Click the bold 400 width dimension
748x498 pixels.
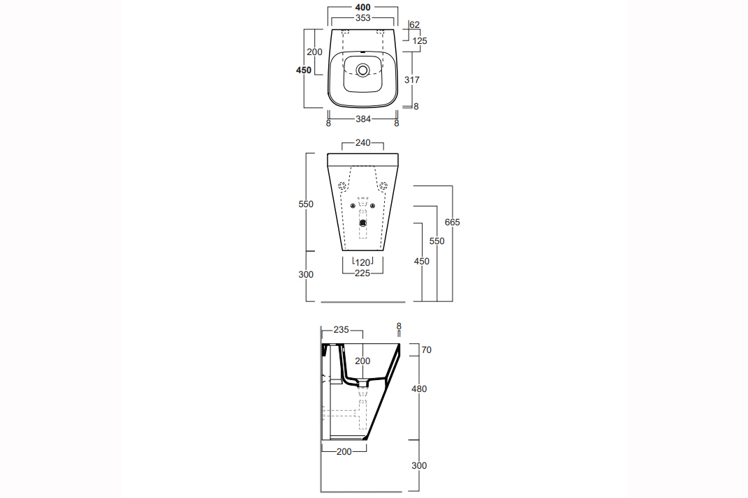(362, 7)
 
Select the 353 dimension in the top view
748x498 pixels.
(362, 18)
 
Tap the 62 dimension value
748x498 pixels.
(415, 25)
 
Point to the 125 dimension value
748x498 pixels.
(420, 41)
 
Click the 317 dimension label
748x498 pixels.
(412, 80)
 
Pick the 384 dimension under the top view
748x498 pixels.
(362, 119)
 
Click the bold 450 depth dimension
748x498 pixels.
(303, 70)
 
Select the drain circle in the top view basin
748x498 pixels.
(363, 70)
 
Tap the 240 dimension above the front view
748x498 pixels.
(362, 142)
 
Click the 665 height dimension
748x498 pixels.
(453, 222)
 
